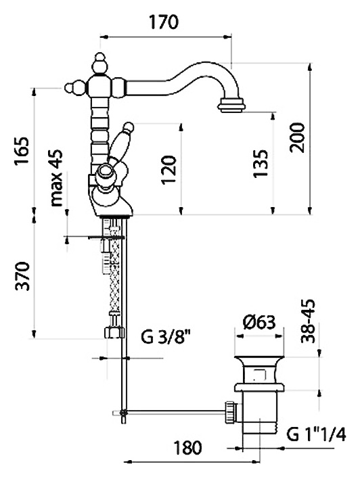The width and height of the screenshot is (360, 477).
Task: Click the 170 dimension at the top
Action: [x=164, y=22]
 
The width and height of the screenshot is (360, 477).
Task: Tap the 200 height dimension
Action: [x=297, y=138]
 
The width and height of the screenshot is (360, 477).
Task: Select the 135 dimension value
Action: [x=261, y=163]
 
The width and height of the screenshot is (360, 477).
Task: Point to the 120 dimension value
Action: [x=169, y=170]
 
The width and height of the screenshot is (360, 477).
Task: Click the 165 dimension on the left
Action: [x=22, y=151]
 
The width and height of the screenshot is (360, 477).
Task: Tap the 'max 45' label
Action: [x=56, y=178]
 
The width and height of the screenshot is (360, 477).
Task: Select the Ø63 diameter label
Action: [x=259, y=323]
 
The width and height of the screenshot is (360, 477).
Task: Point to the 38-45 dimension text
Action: [x=308, y=321]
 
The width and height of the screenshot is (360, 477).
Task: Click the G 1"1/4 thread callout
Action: [x=316, y=434]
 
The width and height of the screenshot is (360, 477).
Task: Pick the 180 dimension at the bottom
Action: [x=188, y=447]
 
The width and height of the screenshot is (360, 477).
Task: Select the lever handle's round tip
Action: [x=129, y=127]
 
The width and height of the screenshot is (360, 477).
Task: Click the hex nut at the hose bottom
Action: [x=114, y=332]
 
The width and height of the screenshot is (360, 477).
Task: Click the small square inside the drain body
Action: [x=259, y=375]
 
